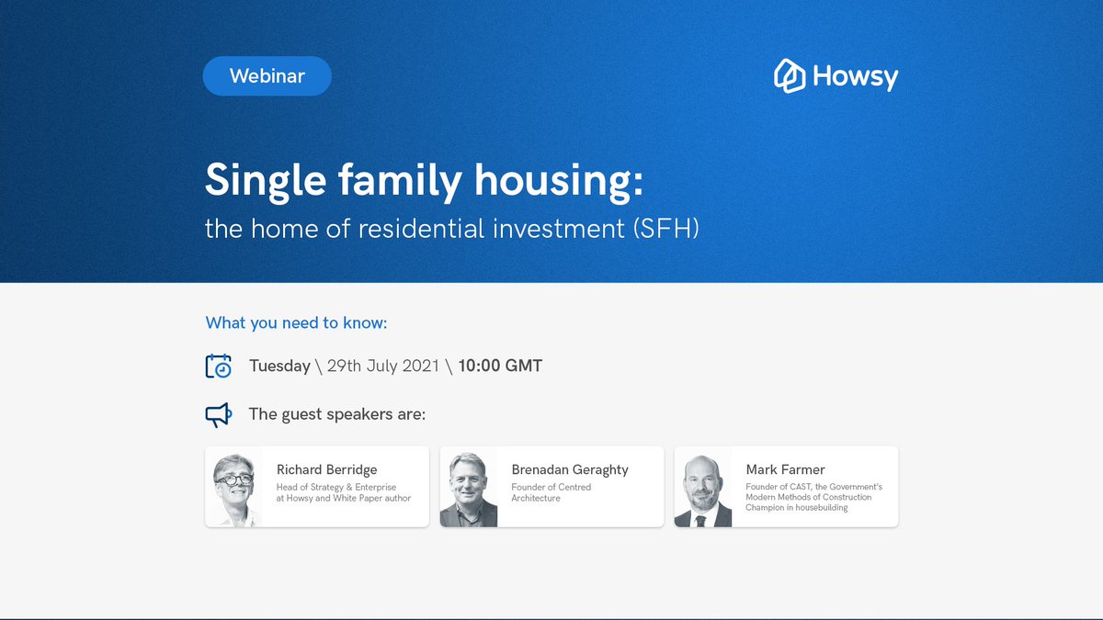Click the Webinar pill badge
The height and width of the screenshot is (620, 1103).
coord(267,76)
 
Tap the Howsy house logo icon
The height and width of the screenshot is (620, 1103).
coord(790,76)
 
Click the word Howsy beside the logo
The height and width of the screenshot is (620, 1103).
coord(855,77)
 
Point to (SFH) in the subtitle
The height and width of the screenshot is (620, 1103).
coord(665,228)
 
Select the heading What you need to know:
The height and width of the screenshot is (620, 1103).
coord(297,322)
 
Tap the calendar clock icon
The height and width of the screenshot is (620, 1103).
coord(219,366)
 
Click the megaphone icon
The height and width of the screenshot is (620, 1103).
coord(218,415)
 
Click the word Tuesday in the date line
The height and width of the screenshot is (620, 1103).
coord(279,366)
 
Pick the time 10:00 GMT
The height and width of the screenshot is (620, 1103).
coord(500,366)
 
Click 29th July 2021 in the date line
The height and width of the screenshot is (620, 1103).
coord(385,366)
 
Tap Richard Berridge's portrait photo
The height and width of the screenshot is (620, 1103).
coord(233,488)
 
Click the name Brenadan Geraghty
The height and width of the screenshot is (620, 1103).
coord(570,469)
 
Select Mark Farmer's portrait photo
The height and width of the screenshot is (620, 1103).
coord(703,488)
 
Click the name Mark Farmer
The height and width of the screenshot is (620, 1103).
coord(786,469)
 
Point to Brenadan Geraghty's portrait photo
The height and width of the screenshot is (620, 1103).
coord(469,488)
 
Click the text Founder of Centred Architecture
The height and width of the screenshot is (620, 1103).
coord(551,492)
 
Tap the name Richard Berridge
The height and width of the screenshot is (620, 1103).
coord(327,469)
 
